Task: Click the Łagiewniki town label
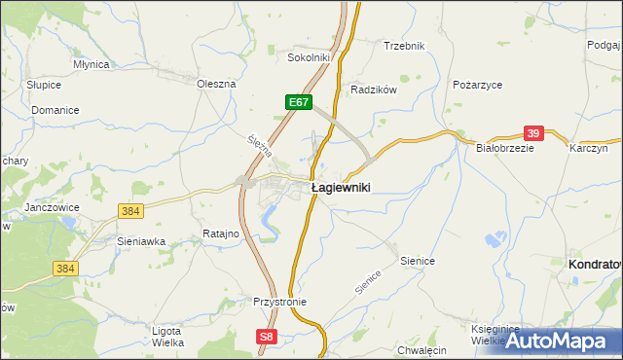(x=340, y=187)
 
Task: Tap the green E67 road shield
(x=299, y=101)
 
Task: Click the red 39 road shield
(x=533, y=133)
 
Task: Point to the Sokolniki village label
(x=310, y=57)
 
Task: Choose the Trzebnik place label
(x=404, y=46)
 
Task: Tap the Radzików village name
(x=374, y=90)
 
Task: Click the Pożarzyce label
(x=477, y=85)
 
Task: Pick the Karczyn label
(x=589, y=148)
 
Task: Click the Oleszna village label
(x=216, y=84)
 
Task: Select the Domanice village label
(x=55, y=110)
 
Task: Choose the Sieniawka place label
(x=141, y=240)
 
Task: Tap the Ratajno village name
(x=222, y=234)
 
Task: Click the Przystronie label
(x=279, y=302)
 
